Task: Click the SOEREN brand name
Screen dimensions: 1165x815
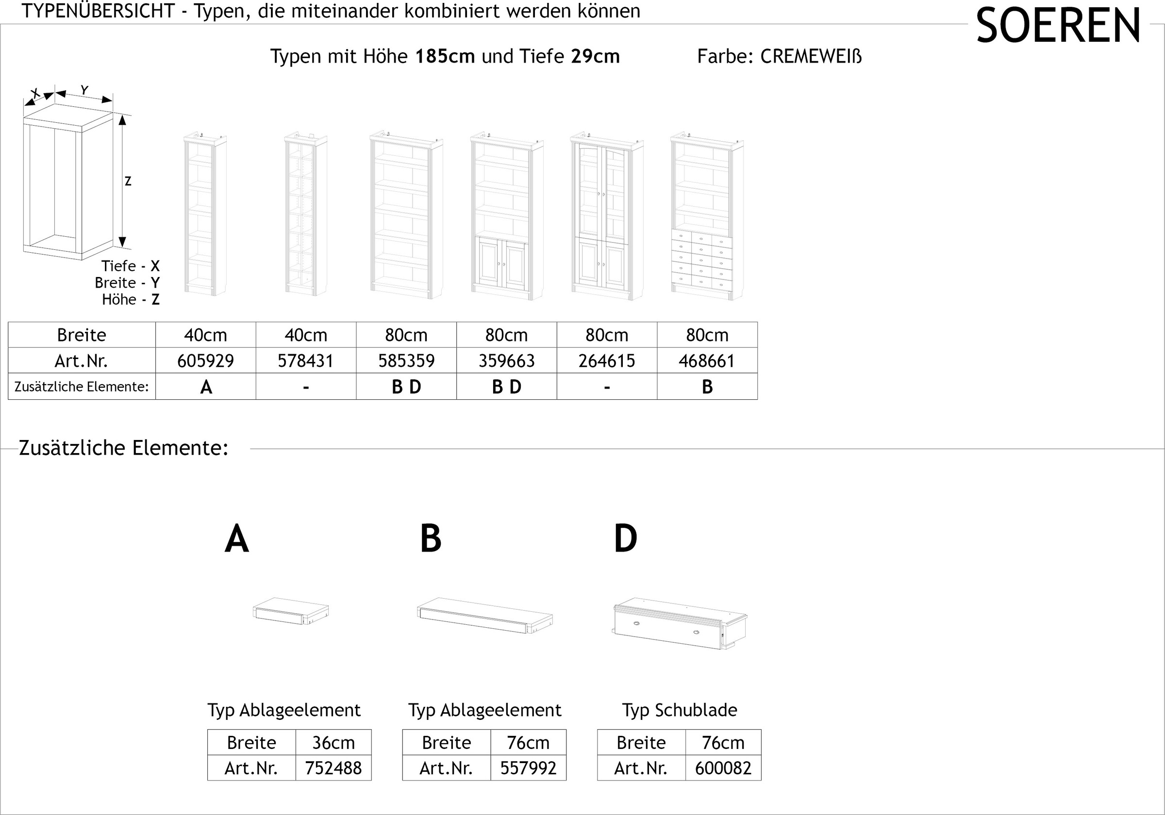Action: (1058, 26)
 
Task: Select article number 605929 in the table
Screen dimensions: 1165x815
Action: (205, 360)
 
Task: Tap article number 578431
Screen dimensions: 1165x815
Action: (305, 360)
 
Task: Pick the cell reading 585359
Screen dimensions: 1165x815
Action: (406, 360)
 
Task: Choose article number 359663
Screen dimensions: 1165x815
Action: (506, 360)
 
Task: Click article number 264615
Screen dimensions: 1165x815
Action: (607, 360)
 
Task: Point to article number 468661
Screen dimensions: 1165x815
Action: (707, 360)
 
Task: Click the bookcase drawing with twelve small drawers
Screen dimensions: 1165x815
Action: (707, 216)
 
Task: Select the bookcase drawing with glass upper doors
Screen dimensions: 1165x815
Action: (607, 216)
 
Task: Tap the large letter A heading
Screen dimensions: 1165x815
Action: (236, 538)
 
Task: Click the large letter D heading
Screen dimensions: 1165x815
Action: (625, 538)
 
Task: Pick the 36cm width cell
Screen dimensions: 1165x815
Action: (333, 743)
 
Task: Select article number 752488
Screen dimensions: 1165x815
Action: (333, 768)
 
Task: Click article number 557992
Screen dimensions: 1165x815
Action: (528, 768)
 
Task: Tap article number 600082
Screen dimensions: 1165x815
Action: (723, 768)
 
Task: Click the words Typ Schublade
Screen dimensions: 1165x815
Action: (680, 710)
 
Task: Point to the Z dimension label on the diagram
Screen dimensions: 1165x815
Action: (128, 181)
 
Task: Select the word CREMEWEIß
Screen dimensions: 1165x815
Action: (811, 56)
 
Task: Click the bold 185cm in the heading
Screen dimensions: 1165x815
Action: (445, 56)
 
